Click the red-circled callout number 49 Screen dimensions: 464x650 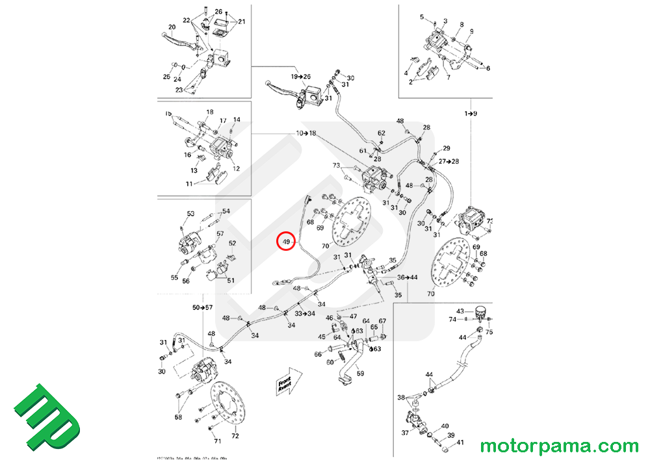[285, 242]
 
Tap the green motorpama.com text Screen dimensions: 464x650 [559, 446]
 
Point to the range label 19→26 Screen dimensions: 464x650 [302, 77]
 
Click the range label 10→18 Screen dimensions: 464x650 [305, 133]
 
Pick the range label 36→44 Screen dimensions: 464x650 [408, 277]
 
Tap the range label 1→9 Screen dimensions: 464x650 [471, 114]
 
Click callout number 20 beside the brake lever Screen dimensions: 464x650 [172, 27]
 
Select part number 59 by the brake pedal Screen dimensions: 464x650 [360, 374]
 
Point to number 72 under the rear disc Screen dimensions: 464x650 [235, 436]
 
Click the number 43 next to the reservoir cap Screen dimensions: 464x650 [460, 311]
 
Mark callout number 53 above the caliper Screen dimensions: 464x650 [190, 214]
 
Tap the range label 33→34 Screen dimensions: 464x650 [304, 313]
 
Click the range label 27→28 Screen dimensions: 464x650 [448, 161]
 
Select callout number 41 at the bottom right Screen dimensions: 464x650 [460, 443]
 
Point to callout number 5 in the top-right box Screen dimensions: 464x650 [421, 17]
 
